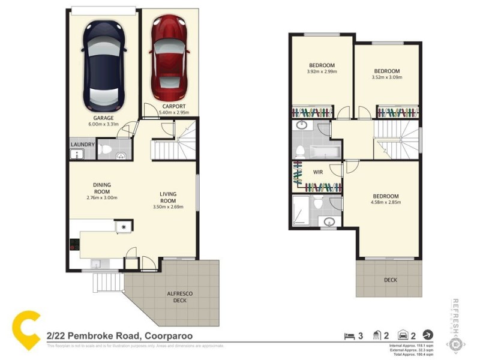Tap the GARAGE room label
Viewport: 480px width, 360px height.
[x=103, y=118]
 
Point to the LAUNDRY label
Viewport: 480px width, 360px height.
[x=82, y=145]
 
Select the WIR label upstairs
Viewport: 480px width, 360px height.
[x=318, y=173]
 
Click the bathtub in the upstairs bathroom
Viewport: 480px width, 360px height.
[x=325, y=149]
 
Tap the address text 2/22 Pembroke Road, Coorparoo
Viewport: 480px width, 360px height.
[x=119, y=337]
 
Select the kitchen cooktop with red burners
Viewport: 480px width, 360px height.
[x=74, y=244]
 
